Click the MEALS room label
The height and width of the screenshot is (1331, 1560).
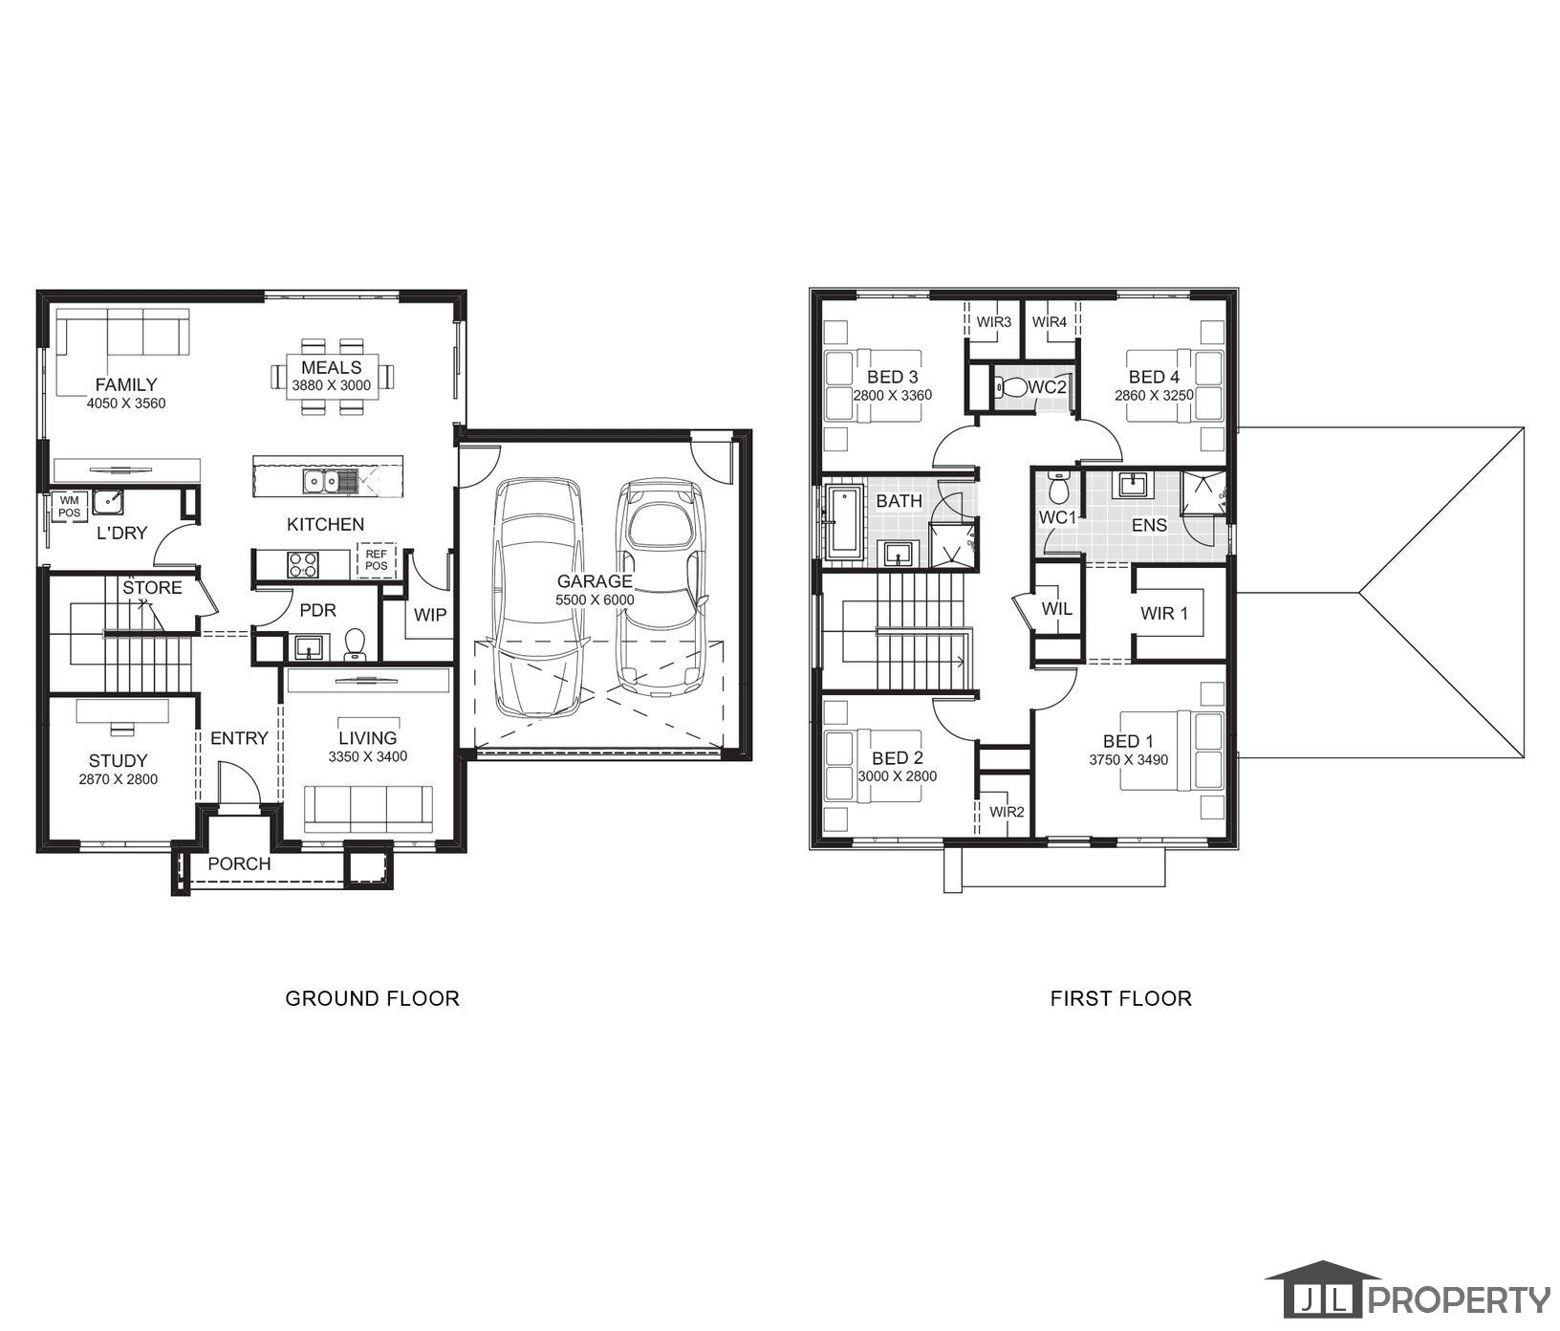tap(332, 367)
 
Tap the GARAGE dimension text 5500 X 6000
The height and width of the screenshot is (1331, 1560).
tap(595, 600)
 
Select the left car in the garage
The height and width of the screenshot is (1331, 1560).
tap(538, 598)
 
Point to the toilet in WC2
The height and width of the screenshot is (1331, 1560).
tap(1009, 387)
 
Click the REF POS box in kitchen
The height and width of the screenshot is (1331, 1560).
tap(376, 559)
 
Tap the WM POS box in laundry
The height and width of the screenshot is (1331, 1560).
tap(70, 506)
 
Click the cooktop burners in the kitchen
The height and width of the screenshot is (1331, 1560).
tap(303, 564)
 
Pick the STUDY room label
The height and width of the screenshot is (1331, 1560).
tap(118, 760)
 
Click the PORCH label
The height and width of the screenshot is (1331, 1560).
tap(239, 863)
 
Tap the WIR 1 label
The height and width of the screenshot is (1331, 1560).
tap(1163, 613)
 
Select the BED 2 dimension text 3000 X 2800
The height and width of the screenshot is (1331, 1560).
tap(897, 776)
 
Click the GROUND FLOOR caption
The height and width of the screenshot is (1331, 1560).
tap(372, 998)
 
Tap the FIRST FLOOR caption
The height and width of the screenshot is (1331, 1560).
tap(1120, 998)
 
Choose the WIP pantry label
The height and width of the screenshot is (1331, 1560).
tap(429, 615)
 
